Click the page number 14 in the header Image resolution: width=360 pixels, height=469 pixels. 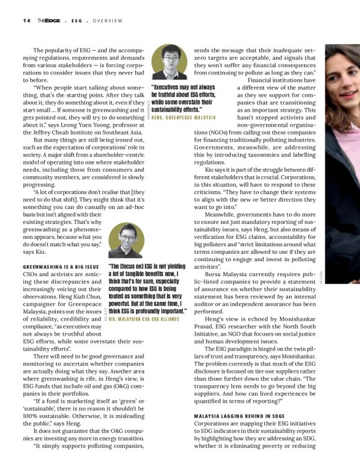(x=27, y=20)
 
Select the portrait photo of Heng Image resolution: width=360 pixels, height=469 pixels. (x=166, y=60)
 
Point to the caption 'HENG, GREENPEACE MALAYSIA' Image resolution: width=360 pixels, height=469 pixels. (x=183, y=117)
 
